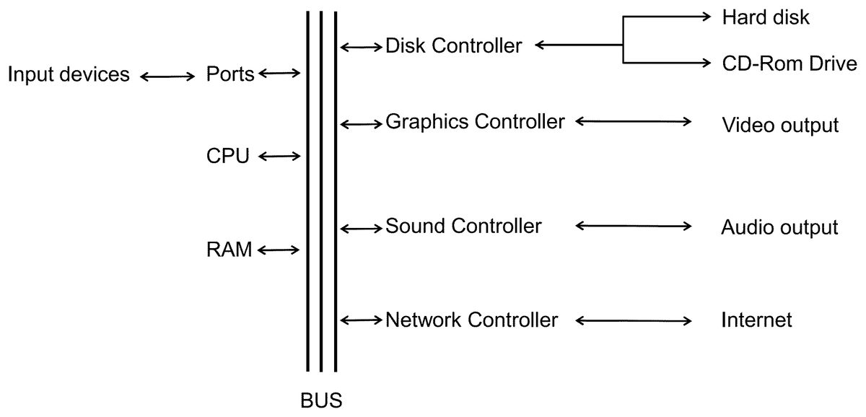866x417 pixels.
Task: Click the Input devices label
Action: point(69,74)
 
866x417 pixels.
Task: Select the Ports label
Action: point(230,74)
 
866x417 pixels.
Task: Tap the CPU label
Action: point(228,156)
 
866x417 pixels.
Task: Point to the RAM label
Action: point(229,250)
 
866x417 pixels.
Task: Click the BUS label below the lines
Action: point(321,400)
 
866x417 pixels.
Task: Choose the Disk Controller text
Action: point(453,45)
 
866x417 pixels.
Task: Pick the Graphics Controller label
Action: point(475,121)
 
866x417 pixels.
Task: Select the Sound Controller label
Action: point(463,226)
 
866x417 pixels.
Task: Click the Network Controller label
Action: point(471,320)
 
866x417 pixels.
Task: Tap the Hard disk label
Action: point(766,17)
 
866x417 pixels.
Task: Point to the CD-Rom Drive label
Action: point(789,63)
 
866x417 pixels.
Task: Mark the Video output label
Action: point(780,126)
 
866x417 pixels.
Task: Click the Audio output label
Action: point(779,228)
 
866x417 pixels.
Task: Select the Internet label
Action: point(756,320)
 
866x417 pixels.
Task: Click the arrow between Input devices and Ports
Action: point(167,76)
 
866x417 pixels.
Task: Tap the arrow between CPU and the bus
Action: point(279,156)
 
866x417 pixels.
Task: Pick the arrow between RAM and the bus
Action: point(279,250)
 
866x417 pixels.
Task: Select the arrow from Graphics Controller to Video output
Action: point(633,122)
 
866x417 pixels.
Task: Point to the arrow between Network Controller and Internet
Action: point(633,320)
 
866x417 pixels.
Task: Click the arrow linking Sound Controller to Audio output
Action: point(633,226)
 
